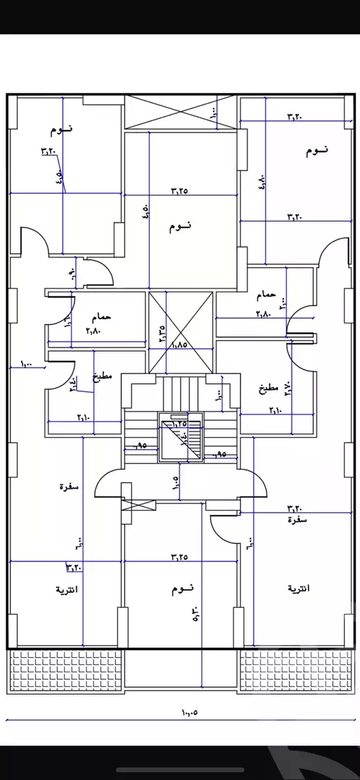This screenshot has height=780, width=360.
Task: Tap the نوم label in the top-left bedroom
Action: (62, 130)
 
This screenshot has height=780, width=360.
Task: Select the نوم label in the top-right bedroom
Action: (316, 150)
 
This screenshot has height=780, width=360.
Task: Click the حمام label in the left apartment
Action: (103, 317)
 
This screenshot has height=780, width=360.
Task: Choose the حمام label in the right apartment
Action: (266, 295)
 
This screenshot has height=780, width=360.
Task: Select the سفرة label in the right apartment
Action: (297, 520)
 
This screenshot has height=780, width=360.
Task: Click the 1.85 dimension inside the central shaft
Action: (180, 345)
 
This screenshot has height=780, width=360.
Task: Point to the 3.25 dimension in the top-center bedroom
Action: (179, 190)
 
